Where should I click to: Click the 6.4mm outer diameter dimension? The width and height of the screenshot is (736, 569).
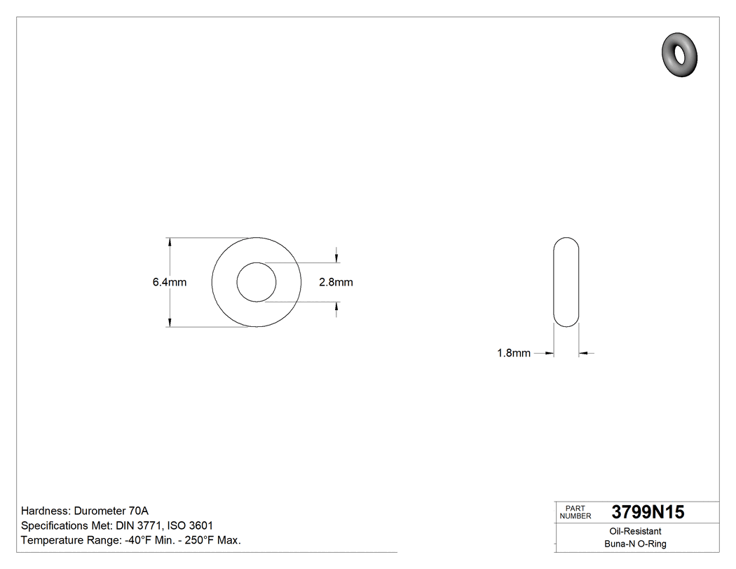169,283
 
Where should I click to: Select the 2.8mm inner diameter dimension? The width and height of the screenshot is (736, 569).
336,283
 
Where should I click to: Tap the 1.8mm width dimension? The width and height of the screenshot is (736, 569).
514,354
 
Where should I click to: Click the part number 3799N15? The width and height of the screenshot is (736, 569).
648,512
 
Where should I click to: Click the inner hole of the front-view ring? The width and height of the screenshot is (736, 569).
257,283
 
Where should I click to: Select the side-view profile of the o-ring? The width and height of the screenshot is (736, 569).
567,282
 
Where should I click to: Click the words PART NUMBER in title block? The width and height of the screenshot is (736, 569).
576,512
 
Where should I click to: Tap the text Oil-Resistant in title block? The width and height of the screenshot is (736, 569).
635,532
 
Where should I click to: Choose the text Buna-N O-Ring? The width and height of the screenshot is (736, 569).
635,544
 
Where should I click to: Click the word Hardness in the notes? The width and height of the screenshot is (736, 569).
45,511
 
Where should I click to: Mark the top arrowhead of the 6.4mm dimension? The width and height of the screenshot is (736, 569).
170,242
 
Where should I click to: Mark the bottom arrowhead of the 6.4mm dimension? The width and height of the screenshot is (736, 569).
170,322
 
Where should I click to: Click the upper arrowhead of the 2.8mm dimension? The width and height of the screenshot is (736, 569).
338,258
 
